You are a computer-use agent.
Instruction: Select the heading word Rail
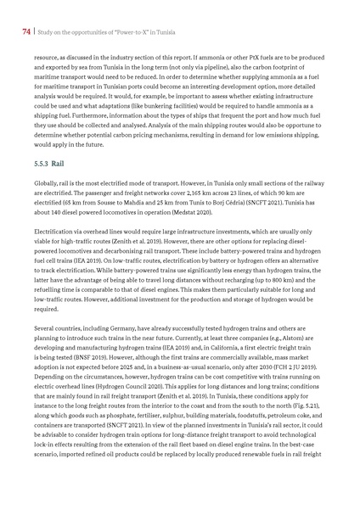point(58,159)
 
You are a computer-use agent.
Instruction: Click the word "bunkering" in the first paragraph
point(155,109)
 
